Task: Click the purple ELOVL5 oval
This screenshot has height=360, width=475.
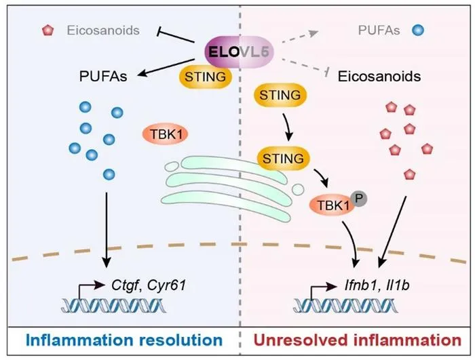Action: coord(240,52)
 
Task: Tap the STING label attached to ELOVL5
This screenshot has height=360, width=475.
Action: coord(206,77)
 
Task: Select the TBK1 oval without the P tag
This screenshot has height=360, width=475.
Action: coord(166,134)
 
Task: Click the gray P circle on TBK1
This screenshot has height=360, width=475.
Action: coord(359,199)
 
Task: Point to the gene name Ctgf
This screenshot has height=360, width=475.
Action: coord(125,285)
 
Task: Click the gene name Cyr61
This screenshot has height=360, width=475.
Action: coord(166,285)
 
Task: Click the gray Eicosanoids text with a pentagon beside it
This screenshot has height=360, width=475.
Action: coord(103,31)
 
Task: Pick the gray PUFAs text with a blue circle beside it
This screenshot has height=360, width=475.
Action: coord(379,31)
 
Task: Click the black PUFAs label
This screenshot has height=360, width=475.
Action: coord(103,77)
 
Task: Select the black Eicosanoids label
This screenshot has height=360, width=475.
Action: coord(379,77)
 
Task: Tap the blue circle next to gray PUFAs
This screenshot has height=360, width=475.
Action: coord(418,31)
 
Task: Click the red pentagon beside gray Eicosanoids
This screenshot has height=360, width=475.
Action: coord(48,31)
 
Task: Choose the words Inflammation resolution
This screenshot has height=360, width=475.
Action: coord(124,340)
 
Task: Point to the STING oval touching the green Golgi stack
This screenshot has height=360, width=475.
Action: coord(283,159)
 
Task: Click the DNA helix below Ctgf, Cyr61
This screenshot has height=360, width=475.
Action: coord(113,306)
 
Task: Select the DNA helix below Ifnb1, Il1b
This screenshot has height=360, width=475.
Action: coord(345,306)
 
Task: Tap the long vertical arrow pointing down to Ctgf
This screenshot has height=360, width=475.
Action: coord(106,230)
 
